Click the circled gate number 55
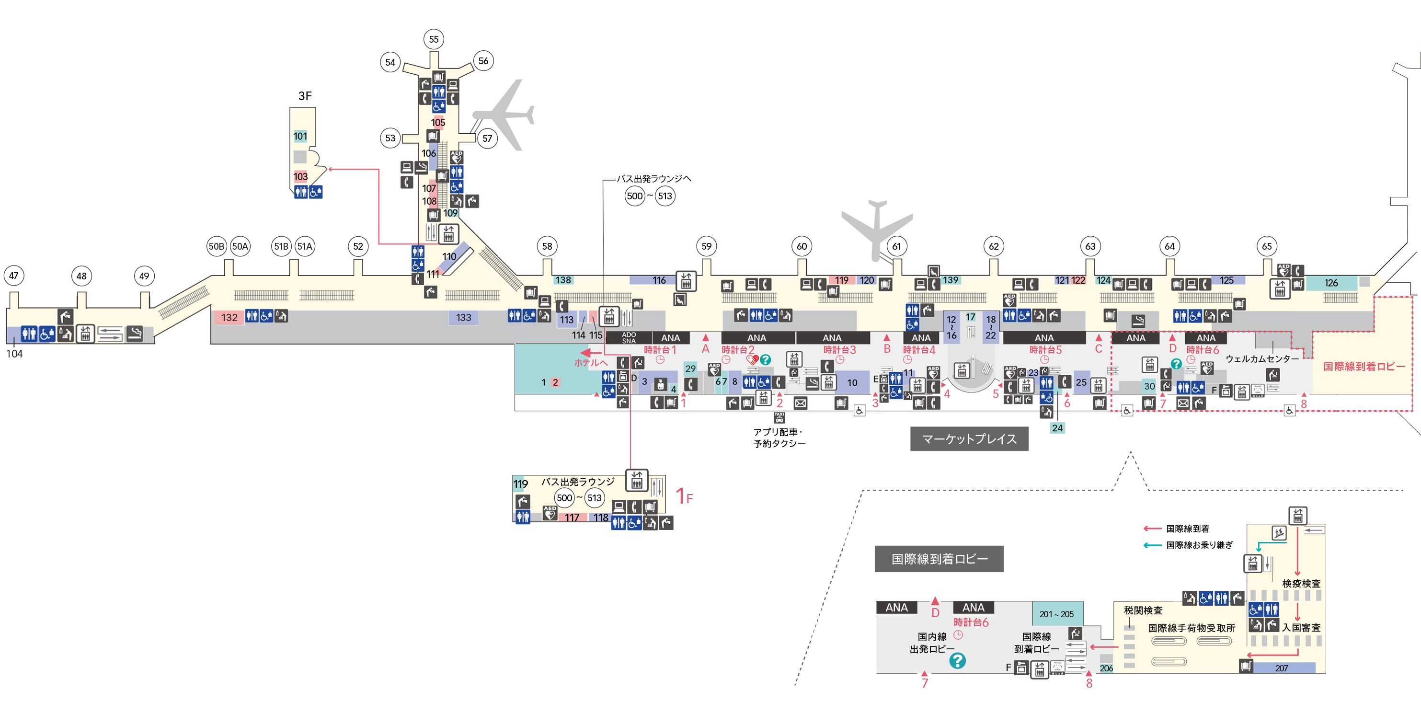pos(434,39)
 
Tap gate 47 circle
pos(14,276)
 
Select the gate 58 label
pos(547,246)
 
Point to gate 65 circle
pos(1267,246)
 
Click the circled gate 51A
pos(305,246)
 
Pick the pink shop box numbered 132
pos(229,317)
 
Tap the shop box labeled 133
pos(463,317)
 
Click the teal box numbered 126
pos(1331,283)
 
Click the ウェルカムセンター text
pos(1261,358)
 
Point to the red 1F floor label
pos(684,496)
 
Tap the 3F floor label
pos(305,95)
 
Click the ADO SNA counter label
pos(629,338)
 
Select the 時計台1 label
pos(660,350)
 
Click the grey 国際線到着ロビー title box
pos(939,559)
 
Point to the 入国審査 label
pos(1301,627)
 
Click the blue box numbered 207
pos(1282,668)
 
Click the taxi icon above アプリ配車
pos(779,418)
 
